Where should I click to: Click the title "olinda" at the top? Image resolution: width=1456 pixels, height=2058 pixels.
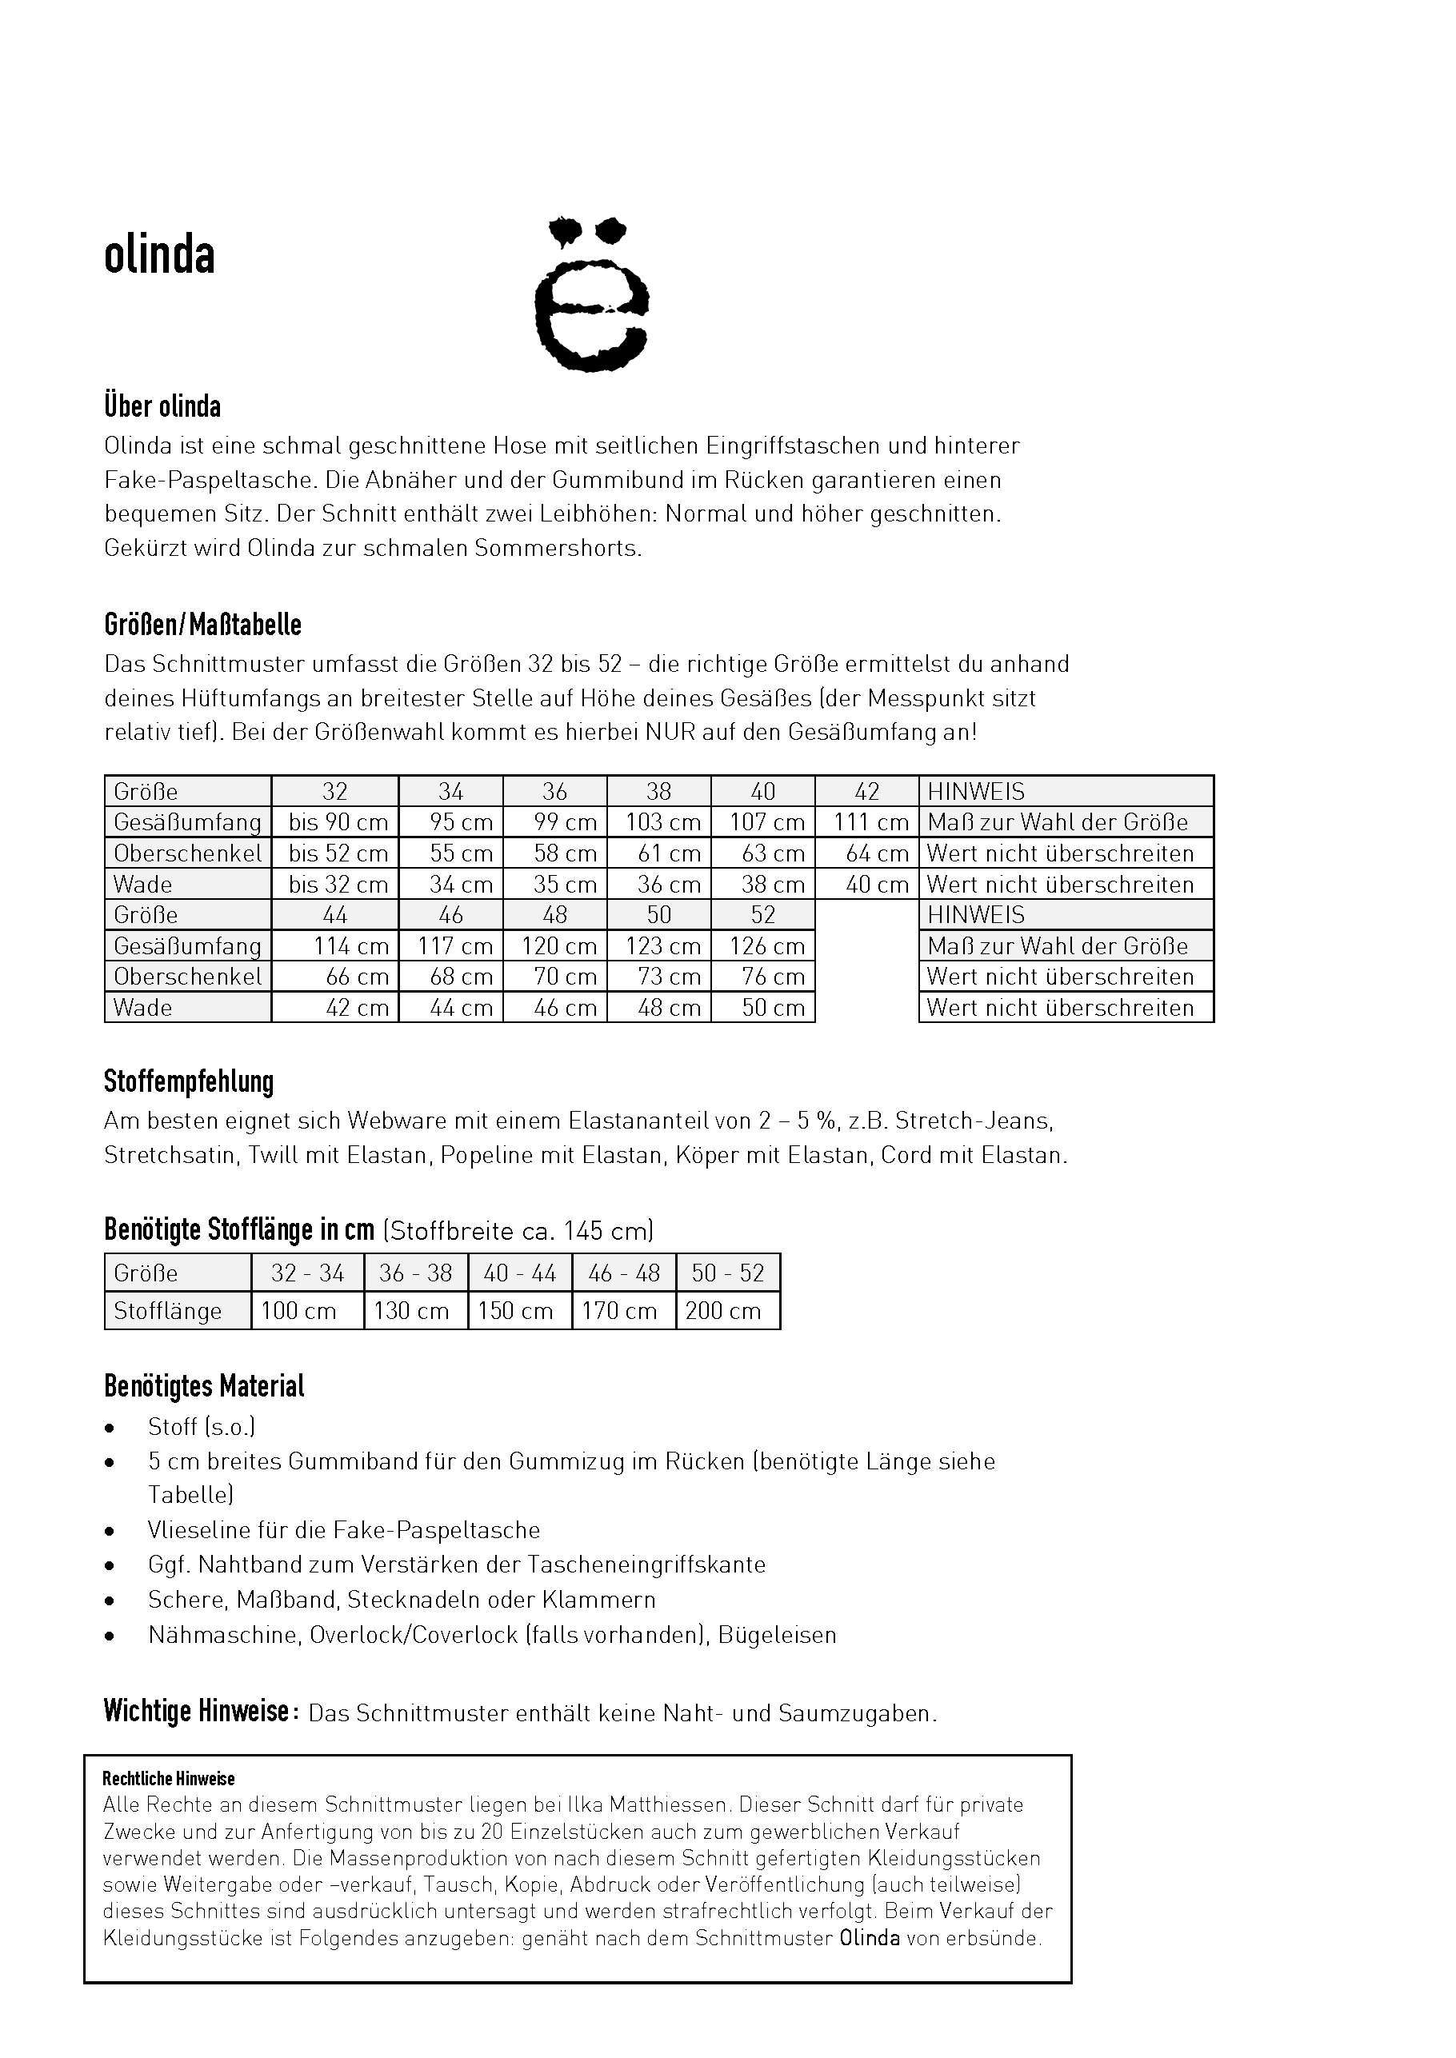pyautogui.click(x=159, y=257)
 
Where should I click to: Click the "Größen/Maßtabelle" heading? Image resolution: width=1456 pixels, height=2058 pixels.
pyautogui.click(x=202, y=625)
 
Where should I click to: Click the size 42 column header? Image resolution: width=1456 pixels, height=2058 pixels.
pyautogui.click(x=867, y=792)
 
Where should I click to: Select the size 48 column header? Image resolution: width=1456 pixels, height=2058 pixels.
pyautogui.click(x=555, y=914)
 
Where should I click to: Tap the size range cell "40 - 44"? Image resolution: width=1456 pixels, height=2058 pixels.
pyautogui.click(x=520, y=1273)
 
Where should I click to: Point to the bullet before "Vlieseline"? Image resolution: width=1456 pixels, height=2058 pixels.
pyautogui.click(x=110, y=1531)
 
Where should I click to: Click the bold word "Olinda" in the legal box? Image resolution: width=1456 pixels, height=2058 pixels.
pyautogui.click(x=870, y=1939)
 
